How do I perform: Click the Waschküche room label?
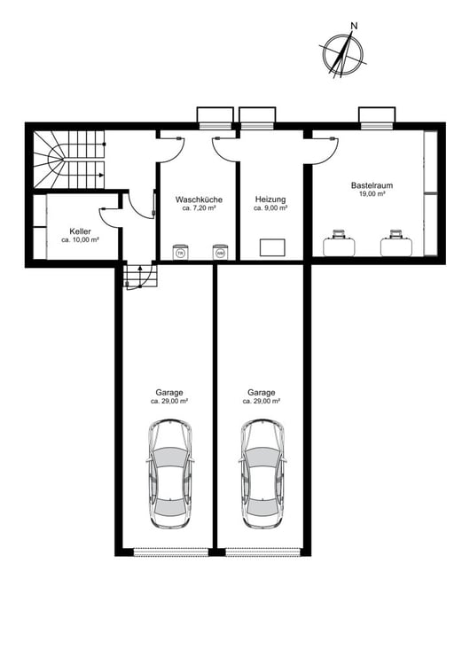click(x=199, y=199)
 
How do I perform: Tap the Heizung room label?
click(x=270, y=199)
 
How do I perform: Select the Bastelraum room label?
click(x=372, y=185)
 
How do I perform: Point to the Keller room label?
click(x=80, y=231)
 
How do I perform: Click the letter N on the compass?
click(x=354, y=26)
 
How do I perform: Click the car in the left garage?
click(x=169, y=473)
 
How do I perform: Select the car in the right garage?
click(x=262, y=473)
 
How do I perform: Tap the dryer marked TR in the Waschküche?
click(x=181, y=252)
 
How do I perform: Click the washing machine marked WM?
click(x=220, y=252)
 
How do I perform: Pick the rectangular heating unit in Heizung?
click(x=272, y=247)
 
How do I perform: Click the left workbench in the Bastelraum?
click(x=339, y=244)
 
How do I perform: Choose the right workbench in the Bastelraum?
click(x=396, y=244)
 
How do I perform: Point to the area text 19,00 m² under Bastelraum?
click(x=372, y=194)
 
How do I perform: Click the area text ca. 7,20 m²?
click(x=199, y=208)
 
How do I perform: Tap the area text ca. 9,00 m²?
click(x=270, y=208)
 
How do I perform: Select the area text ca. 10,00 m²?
click(x=80, y=240)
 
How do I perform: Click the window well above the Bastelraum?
click(x=377, y=115)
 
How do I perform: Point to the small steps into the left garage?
click(x=140, y=276)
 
